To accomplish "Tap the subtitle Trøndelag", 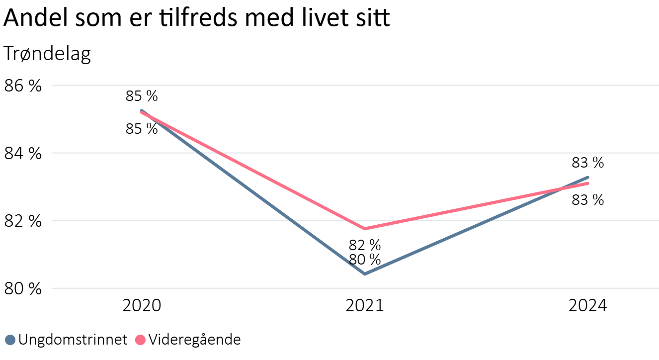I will pos(47,54).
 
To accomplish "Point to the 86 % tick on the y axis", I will pos(22,86).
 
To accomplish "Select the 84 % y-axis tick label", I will pos(22,153).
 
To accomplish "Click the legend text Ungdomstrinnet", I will pos(73,340).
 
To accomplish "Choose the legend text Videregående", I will pos(195,340).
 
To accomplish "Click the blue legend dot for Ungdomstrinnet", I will pos(10,340).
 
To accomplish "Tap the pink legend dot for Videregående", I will pos(141,340).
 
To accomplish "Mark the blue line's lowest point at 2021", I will pos(365,274).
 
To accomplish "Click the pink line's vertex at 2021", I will pos(365,229).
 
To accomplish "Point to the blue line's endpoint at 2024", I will pos(588,177).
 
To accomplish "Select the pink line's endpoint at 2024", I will pos(588,183).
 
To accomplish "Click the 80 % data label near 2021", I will pos(365,260).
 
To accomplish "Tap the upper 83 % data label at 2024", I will pos(588,163).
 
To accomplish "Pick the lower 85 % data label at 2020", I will pos(142,129).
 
